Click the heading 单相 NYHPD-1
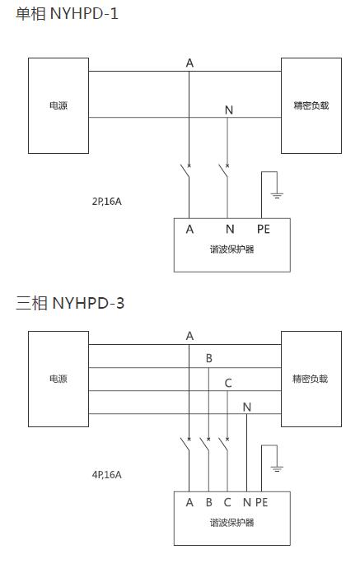tap(67, 14)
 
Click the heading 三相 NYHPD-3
tap(70, 303)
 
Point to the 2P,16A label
tap(106, 202)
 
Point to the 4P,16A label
tap(106, 474)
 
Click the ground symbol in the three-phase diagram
tap(277, 468)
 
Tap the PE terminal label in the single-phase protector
tap(264, 229)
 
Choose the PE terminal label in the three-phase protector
tap(262, 502)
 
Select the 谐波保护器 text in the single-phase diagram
tap(232, 249)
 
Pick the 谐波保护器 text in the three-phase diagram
tap(232, 523)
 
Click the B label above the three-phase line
tap(208, 358)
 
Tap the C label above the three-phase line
tap(228, 383)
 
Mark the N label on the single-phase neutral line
tap(229, 109)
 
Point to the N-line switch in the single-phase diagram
tap(224, 171)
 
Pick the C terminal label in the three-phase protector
tap(227, 502)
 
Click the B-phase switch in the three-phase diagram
tap(205, 445)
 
